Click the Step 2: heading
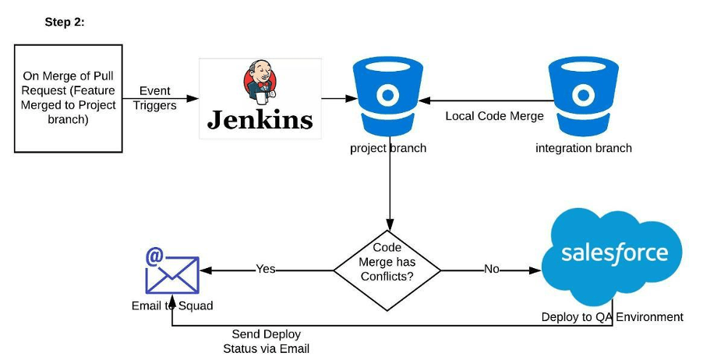click(65, 23)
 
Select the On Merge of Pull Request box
click(69, 97)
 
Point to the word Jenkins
click(260, 119)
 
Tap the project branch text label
click(387, 148)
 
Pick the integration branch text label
click(584, 148)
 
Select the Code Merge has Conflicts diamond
click(387, 270)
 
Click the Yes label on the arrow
click(266, 270)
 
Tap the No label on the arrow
click(492, 270)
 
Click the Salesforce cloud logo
click(613, 254)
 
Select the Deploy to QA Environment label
click(613, 317)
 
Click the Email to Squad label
click(171, 305)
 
